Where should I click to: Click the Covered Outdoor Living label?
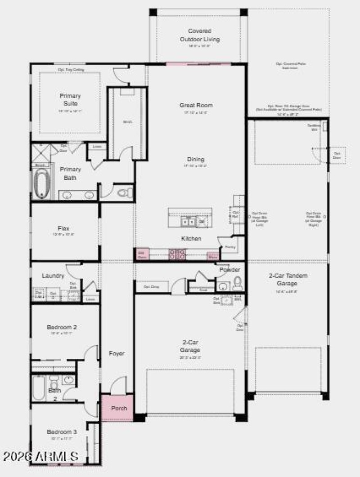pyautogui.click(x=199, y=35)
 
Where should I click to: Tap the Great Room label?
pyautogui.click(x=196, y=105)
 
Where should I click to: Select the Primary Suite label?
pyautogui.click(x=70, y=99)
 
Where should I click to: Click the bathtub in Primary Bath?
pyautogui.click(x=41, y=184)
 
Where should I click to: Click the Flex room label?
pyautogui.click(x=63, y=228)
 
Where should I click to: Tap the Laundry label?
pyautogui.click(x=53, y=276)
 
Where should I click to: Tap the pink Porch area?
pyautogui.click(x=117, y=408)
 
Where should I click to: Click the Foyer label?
pyautogui.click(x=117, y=353)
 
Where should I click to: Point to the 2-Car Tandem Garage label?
pyautogui.click(x=288, y=279)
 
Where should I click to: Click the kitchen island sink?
pyautogui.click(x=188, y=221)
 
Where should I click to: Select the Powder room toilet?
pyautogui.click(x=237, y=284)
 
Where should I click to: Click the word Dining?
pyautogui.click(x=196, y=159)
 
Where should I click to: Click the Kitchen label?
pyautogui.click(x=191, y=238)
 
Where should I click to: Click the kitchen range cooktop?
pyautogui.click(x=177, y=255)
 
